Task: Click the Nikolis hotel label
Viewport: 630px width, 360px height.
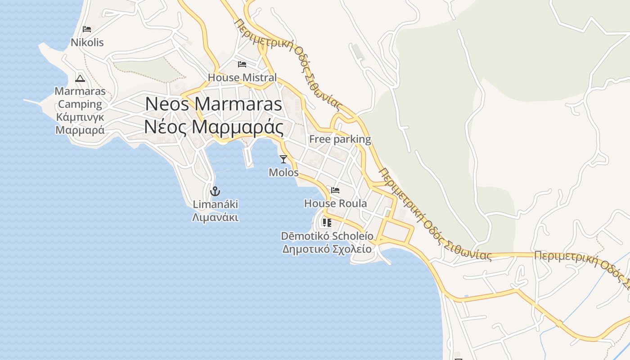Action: (x=87, y=43)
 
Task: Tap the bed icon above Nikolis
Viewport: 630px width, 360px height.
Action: (x=87, y=29)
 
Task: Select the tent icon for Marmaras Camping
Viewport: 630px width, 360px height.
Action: (x=80, y=78)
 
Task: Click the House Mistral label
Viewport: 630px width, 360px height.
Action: (x=242, y=77)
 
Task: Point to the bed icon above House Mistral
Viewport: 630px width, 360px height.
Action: (x=242, y=64)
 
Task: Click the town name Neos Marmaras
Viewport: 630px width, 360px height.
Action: (x=213, y=104)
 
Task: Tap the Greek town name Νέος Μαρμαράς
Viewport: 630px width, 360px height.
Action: (x=213, y=127)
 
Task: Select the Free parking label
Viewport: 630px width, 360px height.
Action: (x=340, y=139)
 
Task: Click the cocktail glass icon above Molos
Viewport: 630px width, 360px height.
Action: (x=283, y=159)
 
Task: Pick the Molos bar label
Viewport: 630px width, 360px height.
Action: (x=283, y=172)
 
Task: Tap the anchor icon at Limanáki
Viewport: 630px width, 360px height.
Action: (x=215, y=191)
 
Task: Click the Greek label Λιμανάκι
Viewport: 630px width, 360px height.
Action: (x=215, y=218)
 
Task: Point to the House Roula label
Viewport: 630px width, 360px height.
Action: (x=335, y=203)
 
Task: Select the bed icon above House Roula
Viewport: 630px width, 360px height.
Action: (x=335, y=190)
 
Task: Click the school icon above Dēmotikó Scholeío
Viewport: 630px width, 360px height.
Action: (x=327, y=223)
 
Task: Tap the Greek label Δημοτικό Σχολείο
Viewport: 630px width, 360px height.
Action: (x=327, y=249)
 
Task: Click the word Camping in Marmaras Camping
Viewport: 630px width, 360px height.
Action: (x=80, y=104)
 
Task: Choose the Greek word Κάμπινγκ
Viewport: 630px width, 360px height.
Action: (x=80, y=117)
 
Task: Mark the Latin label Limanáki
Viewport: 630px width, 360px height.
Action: (x=215, y=204)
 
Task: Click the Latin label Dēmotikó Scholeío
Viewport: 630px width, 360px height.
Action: (x=327, y=236)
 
